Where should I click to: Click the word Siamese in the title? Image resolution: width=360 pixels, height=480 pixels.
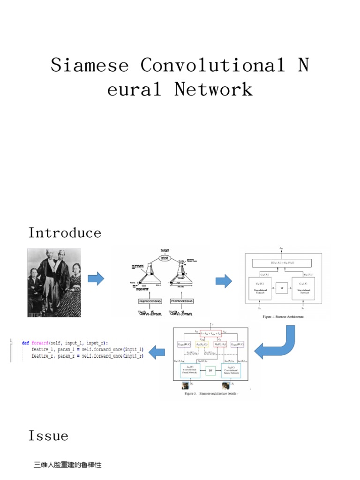pyautogui.click(x=90, y=65)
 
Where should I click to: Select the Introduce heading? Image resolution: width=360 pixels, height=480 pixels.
pyautogui.click(x=65, y=232)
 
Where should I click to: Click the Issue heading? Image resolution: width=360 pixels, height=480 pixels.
pyautogui.click(x=48, y=436)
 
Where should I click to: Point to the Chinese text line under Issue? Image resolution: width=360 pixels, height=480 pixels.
pyautogui.click(x=67, y=465)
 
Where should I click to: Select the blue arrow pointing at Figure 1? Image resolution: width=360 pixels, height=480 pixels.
pyautogui.click(x=224, y=281)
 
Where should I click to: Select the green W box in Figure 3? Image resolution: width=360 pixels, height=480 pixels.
pyautogui.click(x=210, y=370)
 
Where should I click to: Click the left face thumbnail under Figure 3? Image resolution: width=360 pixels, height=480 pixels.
pyautogui.click(x=185, y=386)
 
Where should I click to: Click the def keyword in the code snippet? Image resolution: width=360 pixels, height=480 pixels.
pyautogui.click(x=25, y=343)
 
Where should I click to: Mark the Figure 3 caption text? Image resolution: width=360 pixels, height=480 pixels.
pyautogui.click(x=212, y=394)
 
